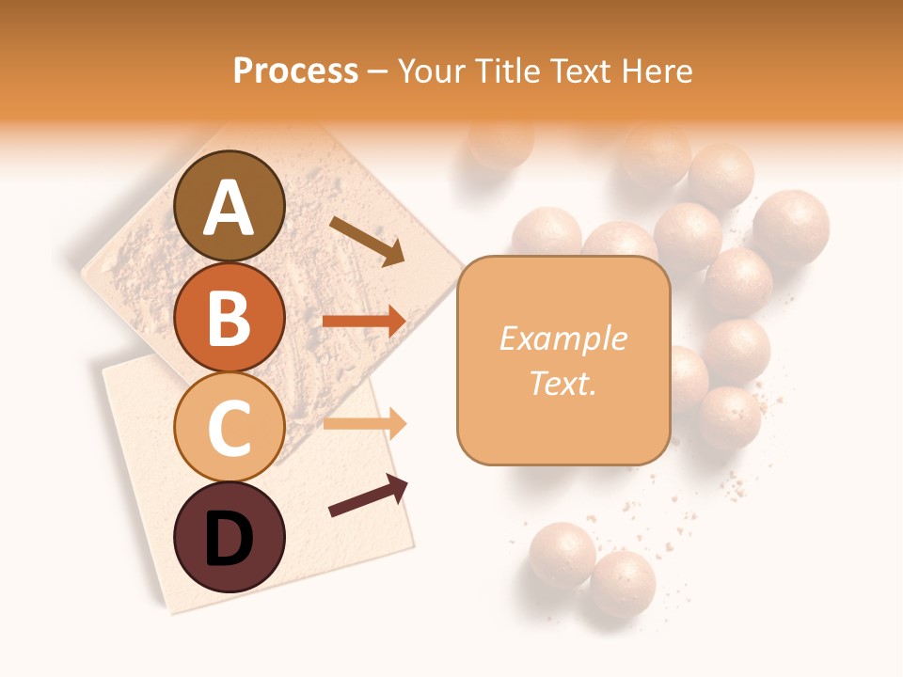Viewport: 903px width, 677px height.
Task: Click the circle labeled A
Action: (230, 207)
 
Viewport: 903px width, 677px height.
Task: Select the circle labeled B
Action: (230, 317)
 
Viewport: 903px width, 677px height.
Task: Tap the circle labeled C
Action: (230, 427)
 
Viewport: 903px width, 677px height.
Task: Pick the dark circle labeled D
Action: (230, 537)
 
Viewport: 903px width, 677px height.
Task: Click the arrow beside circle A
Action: (367, 241)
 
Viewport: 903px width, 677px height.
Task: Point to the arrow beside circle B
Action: (364, 322)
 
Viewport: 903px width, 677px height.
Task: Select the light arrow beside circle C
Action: (364, 424)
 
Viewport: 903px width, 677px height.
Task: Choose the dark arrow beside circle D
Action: (368, 496)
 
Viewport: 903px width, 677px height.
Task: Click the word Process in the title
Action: (295, 71)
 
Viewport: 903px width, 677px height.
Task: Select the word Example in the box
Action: (562, 338)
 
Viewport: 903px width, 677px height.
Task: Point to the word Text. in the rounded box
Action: (562, 383)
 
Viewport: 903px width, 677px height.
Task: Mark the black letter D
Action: (230, 539)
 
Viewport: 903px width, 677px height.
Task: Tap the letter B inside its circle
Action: (230, 318)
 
